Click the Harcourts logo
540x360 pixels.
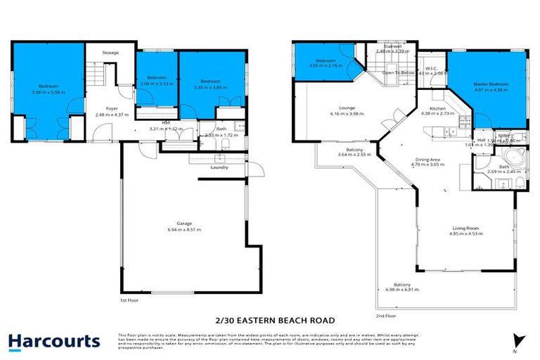54,342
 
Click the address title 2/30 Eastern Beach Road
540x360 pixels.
270,318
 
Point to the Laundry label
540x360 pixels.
219,167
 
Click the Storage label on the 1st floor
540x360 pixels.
110,53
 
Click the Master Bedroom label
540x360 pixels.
490,84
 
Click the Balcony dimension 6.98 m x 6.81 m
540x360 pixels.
397,290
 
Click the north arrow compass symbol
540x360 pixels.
518,340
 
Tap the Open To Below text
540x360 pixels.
397,72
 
